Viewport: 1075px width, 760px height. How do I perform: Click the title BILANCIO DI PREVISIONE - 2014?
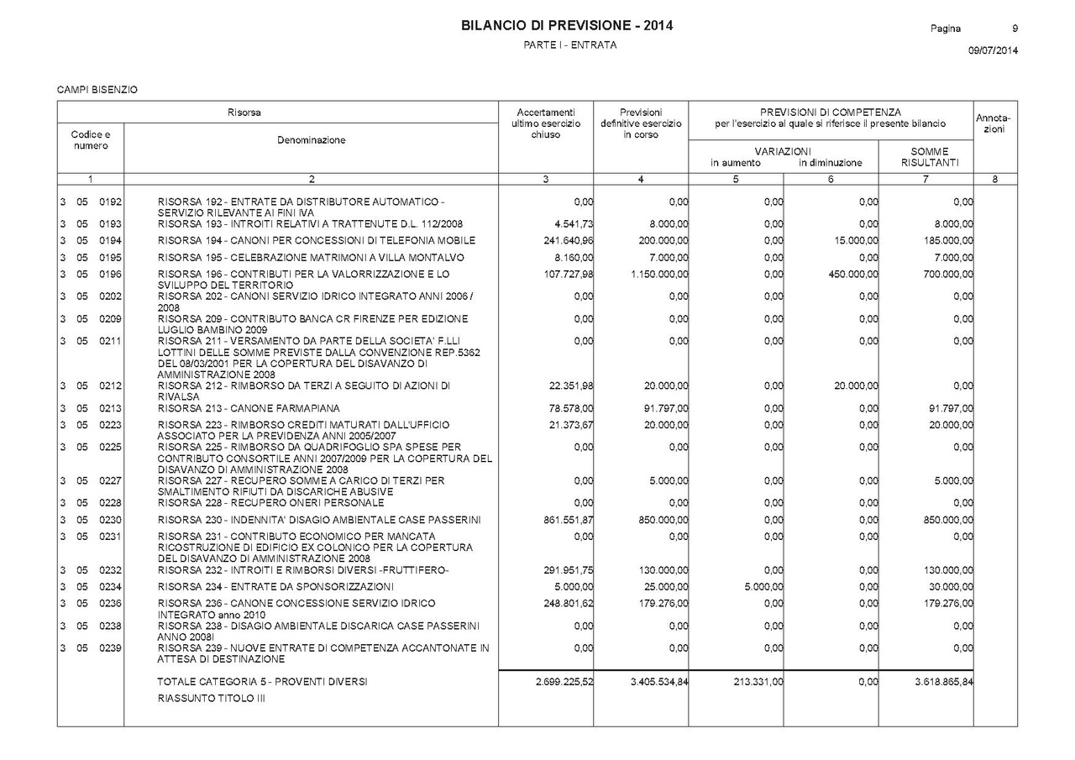[x=567, y=26]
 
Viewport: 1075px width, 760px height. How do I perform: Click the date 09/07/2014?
[x=993, y=50]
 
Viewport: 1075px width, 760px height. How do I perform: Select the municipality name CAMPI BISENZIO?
[x=97, y=89]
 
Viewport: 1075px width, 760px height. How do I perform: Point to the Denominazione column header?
[x=311, y=140]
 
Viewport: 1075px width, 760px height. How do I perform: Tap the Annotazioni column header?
[x=994, y=123]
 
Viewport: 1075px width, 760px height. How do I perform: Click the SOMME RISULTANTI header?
[x=929, y=157]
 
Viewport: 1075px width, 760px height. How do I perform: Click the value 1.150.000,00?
[x=659, y=275]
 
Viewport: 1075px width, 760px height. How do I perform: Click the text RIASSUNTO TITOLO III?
[x=211, y=698]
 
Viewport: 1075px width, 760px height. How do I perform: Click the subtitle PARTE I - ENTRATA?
[x=569, y=45]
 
